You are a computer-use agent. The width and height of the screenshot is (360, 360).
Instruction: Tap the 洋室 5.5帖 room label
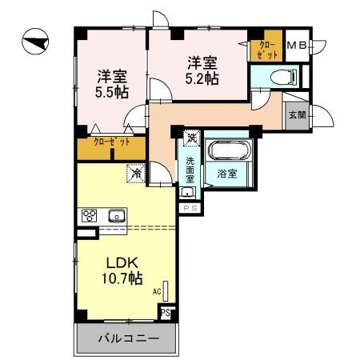[110, 84]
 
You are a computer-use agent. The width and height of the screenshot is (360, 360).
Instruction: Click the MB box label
[296, 46]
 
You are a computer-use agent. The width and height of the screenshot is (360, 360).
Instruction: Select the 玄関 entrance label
[297, 115]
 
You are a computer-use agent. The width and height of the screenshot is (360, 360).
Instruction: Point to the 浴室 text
[225, 173]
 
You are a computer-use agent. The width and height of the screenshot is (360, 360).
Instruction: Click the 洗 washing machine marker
[191, 138]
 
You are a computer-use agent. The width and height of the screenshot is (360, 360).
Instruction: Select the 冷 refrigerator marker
[137, 172]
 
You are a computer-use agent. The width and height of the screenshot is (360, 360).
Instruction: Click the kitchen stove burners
[89, 216]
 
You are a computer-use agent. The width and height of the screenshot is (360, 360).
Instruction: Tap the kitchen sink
[117, 216]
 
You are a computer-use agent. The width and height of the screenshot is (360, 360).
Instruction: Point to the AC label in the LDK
[156, 293]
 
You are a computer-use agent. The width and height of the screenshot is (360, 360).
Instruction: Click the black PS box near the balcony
[165, 313]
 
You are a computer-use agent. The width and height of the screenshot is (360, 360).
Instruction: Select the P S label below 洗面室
[190, 208]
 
